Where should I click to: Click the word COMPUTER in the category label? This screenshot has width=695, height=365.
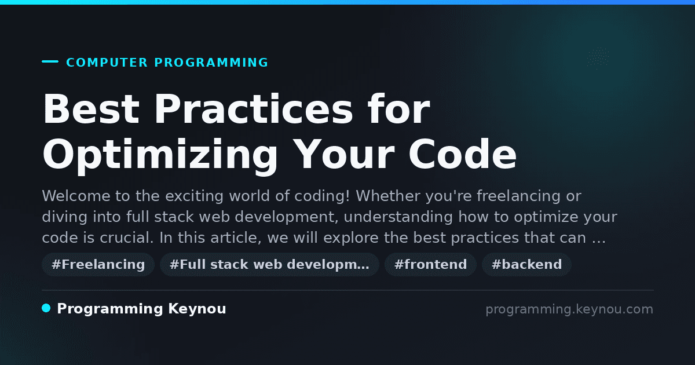(x=107, y=63)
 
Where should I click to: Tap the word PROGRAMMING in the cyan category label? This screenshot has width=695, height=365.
(x=211, y=63)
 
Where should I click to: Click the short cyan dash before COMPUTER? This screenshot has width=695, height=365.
(x=50, y=61)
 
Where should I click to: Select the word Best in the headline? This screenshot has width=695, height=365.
(x=91, y=109)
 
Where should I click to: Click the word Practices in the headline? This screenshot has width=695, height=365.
(x=254, y=109)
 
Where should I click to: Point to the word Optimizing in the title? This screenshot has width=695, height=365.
(x=160, y=156)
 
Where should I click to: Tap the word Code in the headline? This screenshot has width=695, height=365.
(x=462, y=154)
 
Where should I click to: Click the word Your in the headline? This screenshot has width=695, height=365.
(x=343, y=154)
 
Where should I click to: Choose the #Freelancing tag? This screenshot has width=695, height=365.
(x=98, y=264)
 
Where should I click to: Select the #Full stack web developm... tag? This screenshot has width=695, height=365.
(x=269, y=264)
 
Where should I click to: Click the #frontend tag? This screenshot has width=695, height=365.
(x=430, y=264)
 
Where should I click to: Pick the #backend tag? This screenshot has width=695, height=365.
(x=526, y=264)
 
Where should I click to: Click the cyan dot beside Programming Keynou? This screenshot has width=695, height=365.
(x=46, y=308)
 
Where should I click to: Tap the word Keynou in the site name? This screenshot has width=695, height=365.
(x=197, y=309)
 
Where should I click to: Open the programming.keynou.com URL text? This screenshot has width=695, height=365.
(x=569, y=309)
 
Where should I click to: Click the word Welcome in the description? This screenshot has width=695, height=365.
(x=76, y=196)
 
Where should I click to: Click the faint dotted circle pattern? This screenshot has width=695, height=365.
(x=598, y=58)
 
